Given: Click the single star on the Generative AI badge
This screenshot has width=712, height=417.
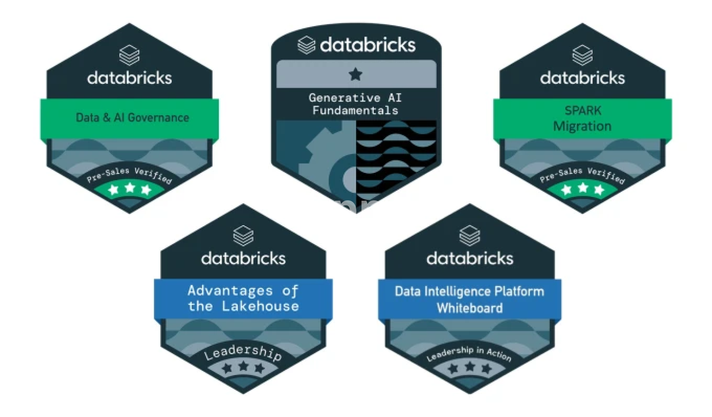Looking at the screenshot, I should pyautogui.click(x=356, y=75).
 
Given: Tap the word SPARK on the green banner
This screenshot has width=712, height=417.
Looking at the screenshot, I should pyautogui.click(x=583, y=111).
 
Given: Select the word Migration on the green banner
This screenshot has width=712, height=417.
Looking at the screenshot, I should pyautogui.click(x=582, y=127).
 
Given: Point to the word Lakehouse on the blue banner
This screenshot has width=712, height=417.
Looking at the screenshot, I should pyautogui.click(x=260, y=306).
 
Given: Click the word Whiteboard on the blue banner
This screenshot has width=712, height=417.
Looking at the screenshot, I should pyautogui.click(x=469, y=308).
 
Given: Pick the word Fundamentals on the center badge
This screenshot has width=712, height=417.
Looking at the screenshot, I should pyautogui.click(x=355, y=111).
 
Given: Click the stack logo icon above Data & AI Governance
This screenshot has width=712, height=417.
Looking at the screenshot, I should pyautogui.click(x=129, y=55).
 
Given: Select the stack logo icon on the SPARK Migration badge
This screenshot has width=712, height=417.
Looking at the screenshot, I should pyautogui.click(x=582, y=55).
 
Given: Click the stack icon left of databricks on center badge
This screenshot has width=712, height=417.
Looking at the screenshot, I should pyautogui.click(x=306, y=45).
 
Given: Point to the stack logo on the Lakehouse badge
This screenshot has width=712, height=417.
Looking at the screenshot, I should pyautogui.click(x=243, y=236).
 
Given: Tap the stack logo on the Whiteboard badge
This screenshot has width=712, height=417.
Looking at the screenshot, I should pyautogui.click(x=469, y=236).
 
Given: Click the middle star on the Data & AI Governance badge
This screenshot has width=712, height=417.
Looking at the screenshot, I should pyautogui.click(x=130, y=188).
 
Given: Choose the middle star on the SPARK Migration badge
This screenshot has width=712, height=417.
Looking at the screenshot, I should pyautogui.click(x=583, y=188).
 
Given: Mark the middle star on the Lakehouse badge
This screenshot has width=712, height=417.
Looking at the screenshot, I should pyautogui.click(x=243, y=367).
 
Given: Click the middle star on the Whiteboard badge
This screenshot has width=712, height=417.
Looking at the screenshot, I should pyautogui.click(x=470, y=367).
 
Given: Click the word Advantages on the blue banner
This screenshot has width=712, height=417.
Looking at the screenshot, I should pyautogui.click(x=230, y=290).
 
